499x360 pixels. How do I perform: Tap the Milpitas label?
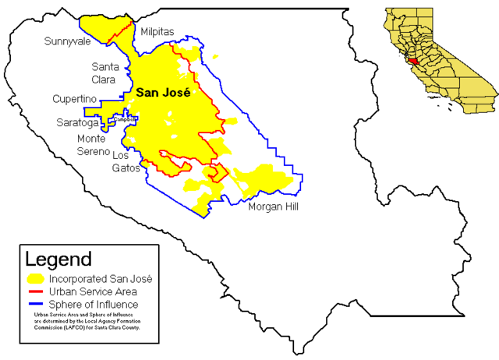(x=157, y=31)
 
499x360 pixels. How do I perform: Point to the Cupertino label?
(x=74, y=100)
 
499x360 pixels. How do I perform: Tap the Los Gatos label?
(x=126, y=161)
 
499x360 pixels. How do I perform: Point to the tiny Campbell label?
(x=126, y=118)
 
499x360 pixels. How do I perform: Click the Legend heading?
(x=58, y=259)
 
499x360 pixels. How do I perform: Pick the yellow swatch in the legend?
(x=35, y=278)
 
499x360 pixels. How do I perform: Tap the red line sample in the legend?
(x=35, y=291)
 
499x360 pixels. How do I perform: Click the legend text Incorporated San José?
(x=101, y=278)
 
